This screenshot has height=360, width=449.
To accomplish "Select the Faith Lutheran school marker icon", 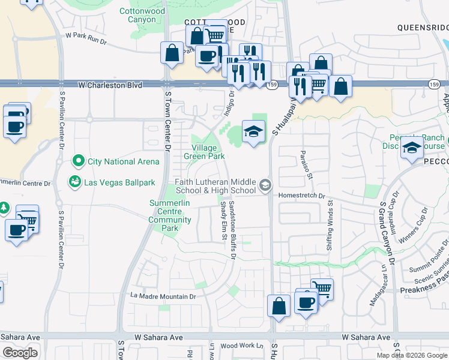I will pos(265,184).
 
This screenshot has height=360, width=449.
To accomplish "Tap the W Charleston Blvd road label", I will pos(110,86).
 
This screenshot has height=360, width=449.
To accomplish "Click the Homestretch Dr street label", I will pos(300,196).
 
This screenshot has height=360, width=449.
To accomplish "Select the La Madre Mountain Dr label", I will pos(164,296).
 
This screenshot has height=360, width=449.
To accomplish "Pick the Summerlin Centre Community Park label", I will pos(170,215).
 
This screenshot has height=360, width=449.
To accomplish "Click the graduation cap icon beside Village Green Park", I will pos(253,131).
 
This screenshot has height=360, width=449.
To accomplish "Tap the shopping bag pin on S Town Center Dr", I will pos(172,52).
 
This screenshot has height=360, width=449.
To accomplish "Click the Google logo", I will pos(20,353).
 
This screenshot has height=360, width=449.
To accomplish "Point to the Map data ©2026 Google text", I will pos(412,355).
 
